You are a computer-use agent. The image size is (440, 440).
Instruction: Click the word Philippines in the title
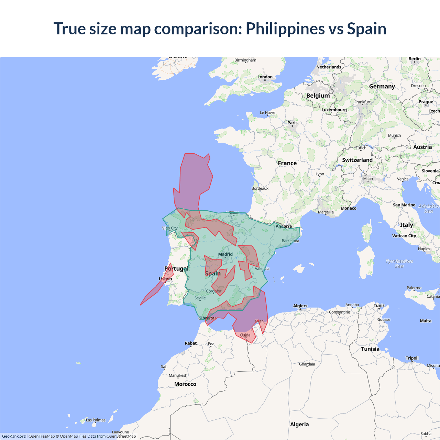tap(285, 29)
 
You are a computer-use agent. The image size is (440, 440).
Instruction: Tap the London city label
tap(265, 77)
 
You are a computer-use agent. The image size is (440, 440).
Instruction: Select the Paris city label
tap(292, 123)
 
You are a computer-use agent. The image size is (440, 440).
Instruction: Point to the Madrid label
tap(225, 254)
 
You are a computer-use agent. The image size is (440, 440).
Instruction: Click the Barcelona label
tap(290, 241)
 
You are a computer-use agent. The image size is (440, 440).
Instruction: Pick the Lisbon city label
tap(165, 279)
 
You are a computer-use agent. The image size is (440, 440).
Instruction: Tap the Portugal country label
tap(176, 268)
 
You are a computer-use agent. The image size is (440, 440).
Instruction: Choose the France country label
tap(287, 163)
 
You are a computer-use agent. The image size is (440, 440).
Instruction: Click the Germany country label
tap(382, 87)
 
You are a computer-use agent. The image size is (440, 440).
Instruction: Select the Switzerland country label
tap(357, 160)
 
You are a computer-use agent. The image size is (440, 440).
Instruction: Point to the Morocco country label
tap(185, 384)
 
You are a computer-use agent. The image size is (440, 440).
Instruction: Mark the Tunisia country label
tap(370, 349)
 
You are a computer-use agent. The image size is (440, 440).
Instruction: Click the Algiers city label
tap(300, 306)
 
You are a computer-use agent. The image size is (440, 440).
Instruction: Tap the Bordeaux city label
tap(260, 188)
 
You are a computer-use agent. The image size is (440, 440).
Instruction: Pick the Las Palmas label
tap(96, 420)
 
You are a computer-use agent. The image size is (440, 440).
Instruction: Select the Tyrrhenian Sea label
tap(399, 264)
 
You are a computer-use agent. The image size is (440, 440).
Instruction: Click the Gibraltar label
tap(207, 318)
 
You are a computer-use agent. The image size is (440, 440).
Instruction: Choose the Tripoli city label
tap(412, 358)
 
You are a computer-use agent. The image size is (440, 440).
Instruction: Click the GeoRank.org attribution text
tap(14, 436)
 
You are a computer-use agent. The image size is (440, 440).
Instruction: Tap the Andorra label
tap(284, 226)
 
